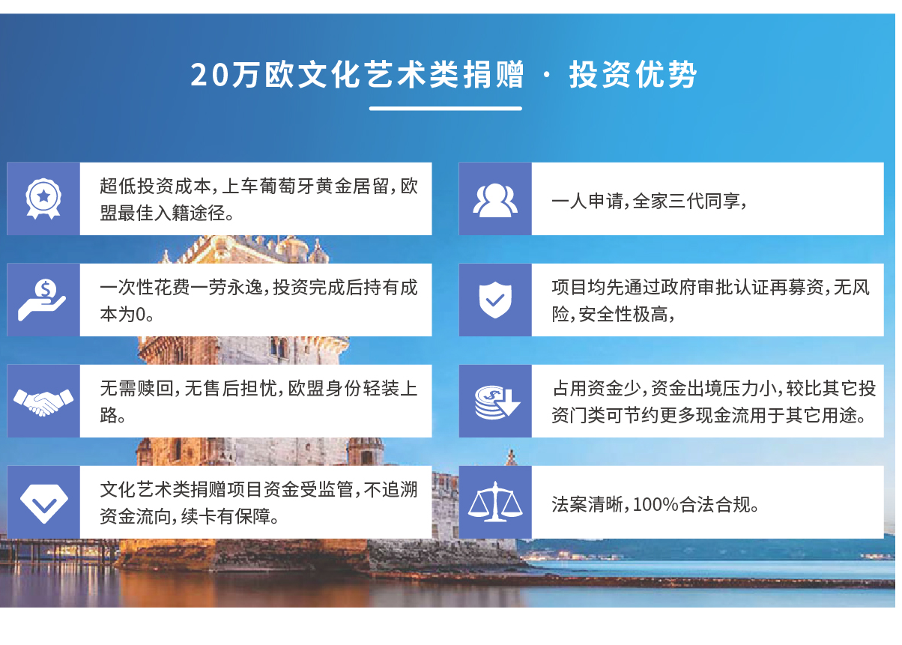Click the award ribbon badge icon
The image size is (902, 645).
[43, 199]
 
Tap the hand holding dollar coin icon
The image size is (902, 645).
[42, 300]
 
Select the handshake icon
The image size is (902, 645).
[43, 402]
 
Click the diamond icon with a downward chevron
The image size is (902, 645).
[44, 503]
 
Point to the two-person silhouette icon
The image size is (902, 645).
[495, 200]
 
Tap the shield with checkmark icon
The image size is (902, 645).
[495, 300]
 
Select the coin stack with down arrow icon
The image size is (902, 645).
[497, 402]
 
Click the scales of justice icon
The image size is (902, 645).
[495, 502]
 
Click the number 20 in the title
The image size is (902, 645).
[210, 75]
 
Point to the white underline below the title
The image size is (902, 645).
[445, 109]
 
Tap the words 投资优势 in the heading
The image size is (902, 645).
[632, 75]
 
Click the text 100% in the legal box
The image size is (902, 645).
[656, 504]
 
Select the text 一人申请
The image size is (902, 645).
[587, 201]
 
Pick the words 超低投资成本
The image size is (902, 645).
[155, 187]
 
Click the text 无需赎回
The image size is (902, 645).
[136, 389]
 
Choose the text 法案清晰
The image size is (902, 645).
[587, 504]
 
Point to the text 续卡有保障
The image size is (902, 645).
[226, 517]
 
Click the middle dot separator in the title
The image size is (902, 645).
[546, 75]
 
